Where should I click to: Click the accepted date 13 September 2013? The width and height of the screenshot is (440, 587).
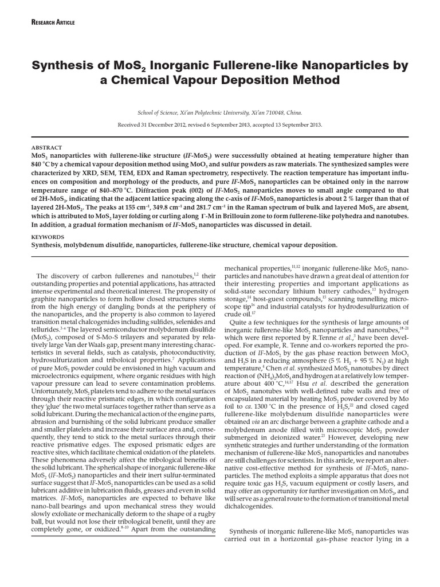pos(293,124)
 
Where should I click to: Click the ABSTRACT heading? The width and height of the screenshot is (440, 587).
pos(46,147)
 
